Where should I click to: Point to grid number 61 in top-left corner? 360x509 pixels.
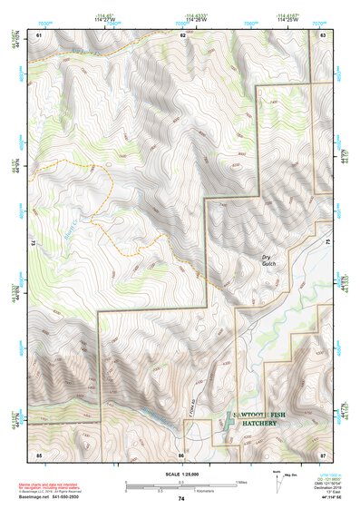click(x=39, y=34)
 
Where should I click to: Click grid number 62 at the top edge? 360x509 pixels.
click(x=182, y=34)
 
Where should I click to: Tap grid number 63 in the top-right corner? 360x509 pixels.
click(x=322, y=34)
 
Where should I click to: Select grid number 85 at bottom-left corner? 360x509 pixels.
click(x=39, y=453)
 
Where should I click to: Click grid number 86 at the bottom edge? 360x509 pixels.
click(x=181, y=453)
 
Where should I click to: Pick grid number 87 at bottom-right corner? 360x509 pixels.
click(x=322, y=453)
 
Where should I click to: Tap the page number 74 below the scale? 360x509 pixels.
click(x=180, y=499)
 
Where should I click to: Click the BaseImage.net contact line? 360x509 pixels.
click(x=50, y=499)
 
